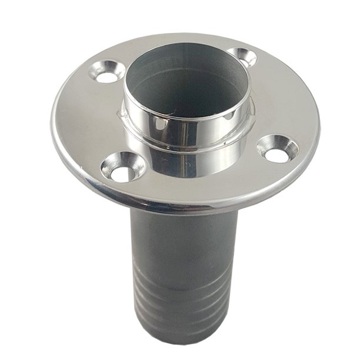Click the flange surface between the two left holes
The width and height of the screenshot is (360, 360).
click(x=88, y=124)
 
